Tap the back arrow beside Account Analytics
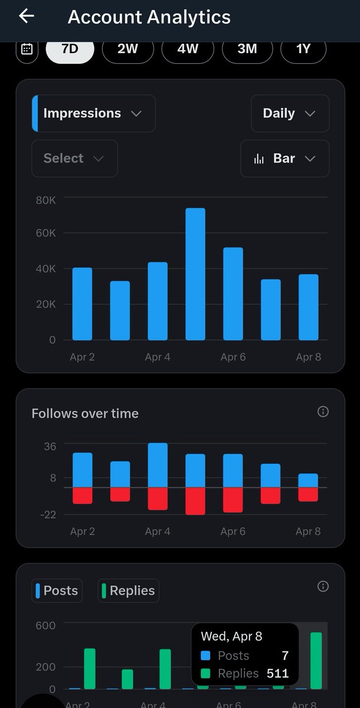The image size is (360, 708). pyautogui.click(x=27, y=16)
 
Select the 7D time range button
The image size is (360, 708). pyautogui.click(x=70, y=49)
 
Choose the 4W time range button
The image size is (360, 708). pyautogui.click(x=188, y=49)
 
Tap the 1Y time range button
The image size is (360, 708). pyautogui.click(x=303, y=49)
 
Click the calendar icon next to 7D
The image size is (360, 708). pyautogui.click(x=27, y=49)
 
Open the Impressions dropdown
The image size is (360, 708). pyautogui.click(x=93, y=113)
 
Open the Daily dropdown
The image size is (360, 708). pyautogui.click(x=289, y=113)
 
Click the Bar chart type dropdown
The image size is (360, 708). pyautogui.click(x=284, y=158)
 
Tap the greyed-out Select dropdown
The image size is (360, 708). pyautogui.click(x=74, y=158)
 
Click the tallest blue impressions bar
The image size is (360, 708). pyautogui.click(x=195, y=274)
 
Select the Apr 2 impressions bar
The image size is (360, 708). pyautogui.click(x=82, y=304)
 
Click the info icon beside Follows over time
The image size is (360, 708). pyautogui.click(x=323, y=412)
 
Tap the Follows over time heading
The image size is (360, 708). pyautogui.click(x=85, y=414)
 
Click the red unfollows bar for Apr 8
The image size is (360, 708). pyautogui.click(x=308, y=494)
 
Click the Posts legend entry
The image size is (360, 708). pyautogui.click(x=57, y=591)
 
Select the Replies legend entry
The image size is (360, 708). pyautogui.click(x=128, y=591)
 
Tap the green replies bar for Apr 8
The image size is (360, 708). pyautogui.click(x=316, y=661)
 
